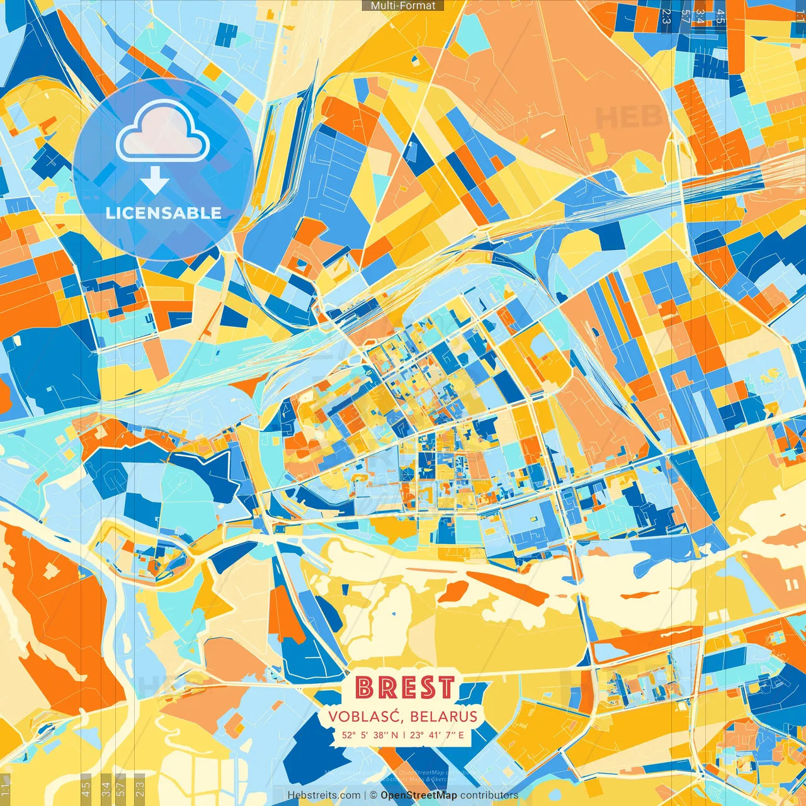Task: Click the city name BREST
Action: click(404, 687)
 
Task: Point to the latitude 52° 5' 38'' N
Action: click(370, 735)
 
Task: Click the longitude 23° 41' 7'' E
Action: click(437, 735)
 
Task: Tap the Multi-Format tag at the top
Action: click(403, 6)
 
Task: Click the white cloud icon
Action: click(163, 130)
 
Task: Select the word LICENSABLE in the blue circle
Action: click(164, 213)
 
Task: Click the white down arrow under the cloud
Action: click(154, 181)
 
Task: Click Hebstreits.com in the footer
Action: click(324, 795)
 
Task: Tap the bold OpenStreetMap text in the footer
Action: click(419, 795)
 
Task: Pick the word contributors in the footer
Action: click(489, 795)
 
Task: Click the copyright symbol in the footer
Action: click(373, 795)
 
